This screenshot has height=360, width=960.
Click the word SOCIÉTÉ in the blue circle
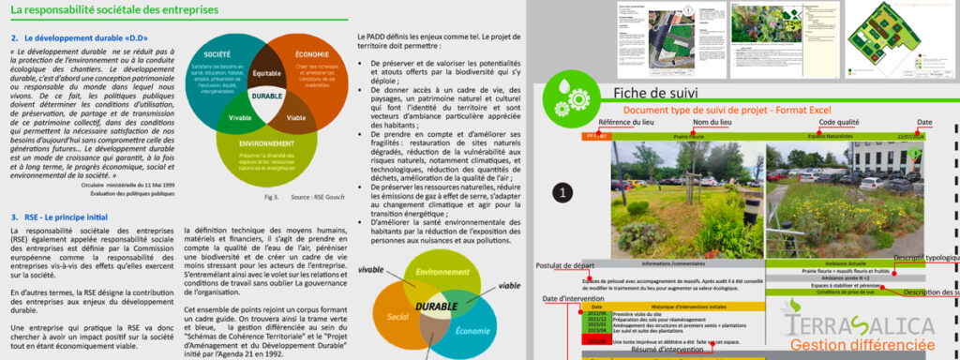pos(217,54)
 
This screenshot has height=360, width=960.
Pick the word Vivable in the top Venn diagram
pos(239,117)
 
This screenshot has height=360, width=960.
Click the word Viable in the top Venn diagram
pos(295,118)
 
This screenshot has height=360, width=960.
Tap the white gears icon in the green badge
pos(562,98)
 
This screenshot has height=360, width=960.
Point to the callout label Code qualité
pos(838,123)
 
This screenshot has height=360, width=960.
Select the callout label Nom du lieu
pos(712,123)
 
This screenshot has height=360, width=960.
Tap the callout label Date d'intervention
pos(574,299)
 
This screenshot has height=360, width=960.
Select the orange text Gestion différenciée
pos(871,345)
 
